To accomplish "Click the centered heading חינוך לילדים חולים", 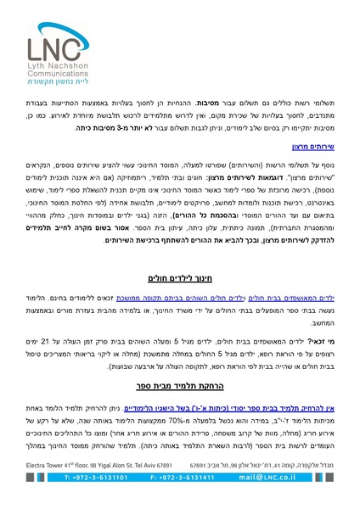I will [179, 277].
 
